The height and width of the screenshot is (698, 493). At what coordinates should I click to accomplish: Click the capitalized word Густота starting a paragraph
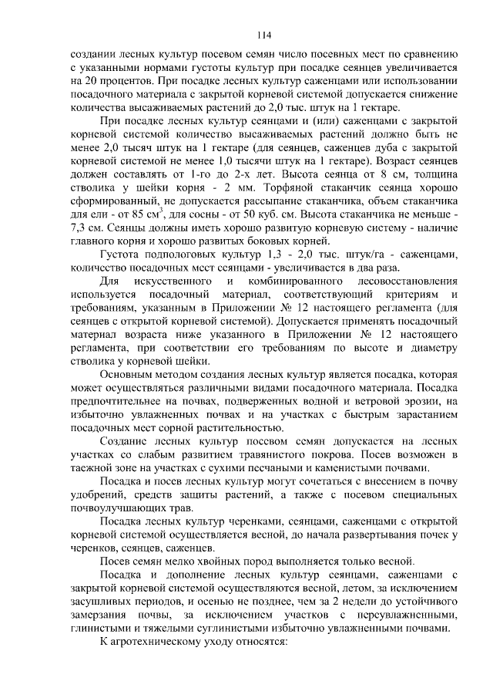point(122,254)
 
